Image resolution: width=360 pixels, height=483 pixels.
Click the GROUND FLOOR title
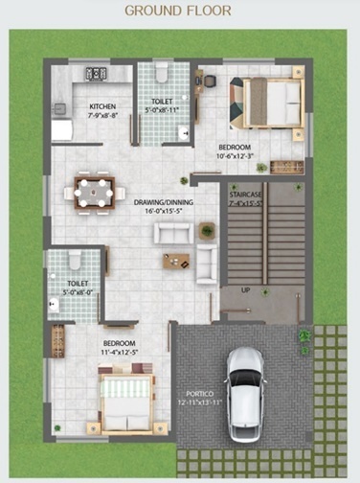(179, 11)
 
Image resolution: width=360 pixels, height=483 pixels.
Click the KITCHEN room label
(102, 106)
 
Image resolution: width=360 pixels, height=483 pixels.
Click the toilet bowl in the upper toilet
(162, 73)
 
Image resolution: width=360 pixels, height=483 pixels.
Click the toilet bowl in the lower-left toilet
(74, 261)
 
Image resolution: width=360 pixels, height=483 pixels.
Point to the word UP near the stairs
(246, 288)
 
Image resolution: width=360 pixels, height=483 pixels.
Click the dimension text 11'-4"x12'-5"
(120, 352)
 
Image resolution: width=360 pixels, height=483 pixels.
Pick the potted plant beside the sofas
(207, 229)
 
